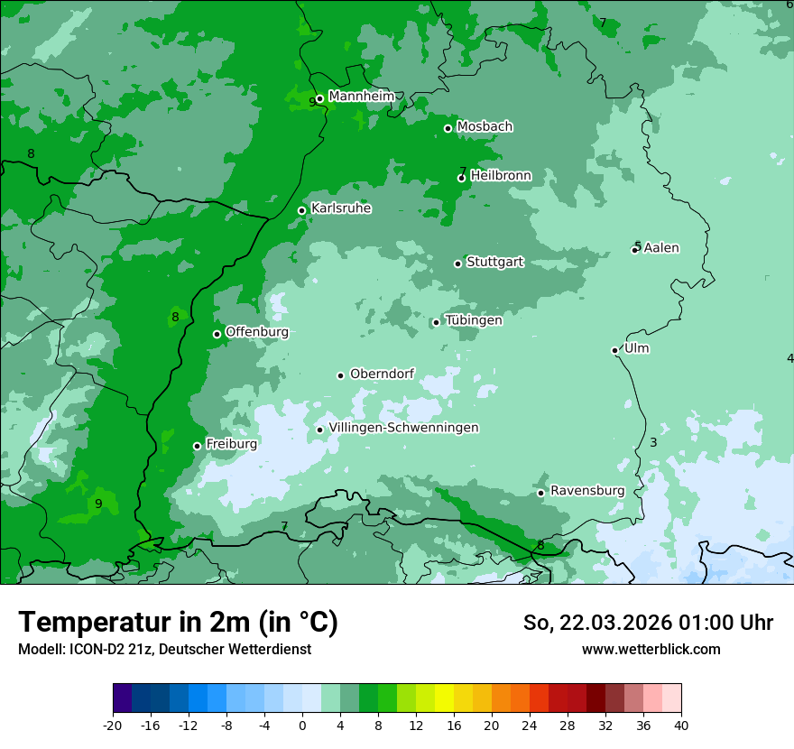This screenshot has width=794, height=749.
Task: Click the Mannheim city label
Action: pyautogui.click(x=361, y=97)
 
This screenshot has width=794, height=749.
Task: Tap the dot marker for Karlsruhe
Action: pyautogui.click(x=302, y=211)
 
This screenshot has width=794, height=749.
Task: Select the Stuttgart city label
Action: pyautogui.click(x=494, y=263)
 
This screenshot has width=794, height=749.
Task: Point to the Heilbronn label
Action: pyautogui.click(x=501, y=176)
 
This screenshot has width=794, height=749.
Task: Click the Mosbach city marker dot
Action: pyautogui.click(x=448, y=128)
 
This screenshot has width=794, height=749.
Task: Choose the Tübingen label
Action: pyautogui.click(x=474, y=320)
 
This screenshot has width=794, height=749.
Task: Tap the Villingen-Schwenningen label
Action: pyautogui.click(x=403, y=428)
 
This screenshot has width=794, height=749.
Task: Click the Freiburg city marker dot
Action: pyautogui.click(x=197, y=446)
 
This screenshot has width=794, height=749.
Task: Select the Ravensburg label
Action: pyautogui.click(x=587, y=491)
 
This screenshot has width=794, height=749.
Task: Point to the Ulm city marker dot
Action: pyautogui.click(x=615, y=350)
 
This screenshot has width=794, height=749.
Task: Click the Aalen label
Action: pyautogui.click(x=661, y=248)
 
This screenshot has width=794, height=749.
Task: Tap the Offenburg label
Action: pyautogui.click(x=257, y=332)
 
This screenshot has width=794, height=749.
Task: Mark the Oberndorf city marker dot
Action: pyautogui.click(x=341, y=375)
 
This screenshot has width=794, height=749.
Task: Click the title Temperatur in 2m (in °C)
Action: pyautogui.click(x=178, y=622)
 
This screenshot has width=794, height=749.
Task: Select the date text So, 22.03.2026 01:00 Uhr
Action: pyautogui.click(x=648, y=623)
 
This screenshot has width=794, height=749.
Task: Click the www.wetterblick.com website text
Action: pyautogui.click(x=651, y=649)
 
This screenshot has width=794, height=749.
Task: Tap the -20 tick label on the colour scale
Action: pyautogui.click(x=113, y=726)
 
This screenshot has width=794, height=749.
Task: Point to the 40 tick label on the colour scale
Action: pyautogui.click(x=680, y=726)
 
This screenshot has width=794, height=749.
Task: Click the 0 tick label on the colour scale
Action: pyautogui.click(x=302, y=726)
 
